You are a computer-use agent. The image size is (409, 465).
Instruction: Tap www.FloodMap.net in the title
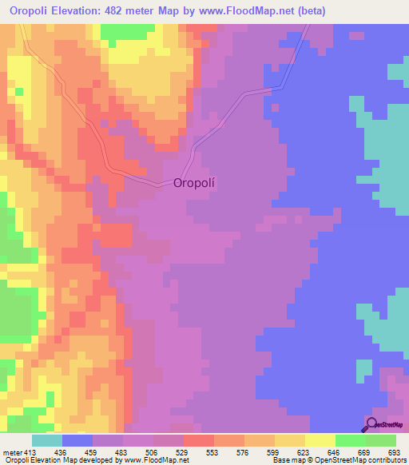(262, 11)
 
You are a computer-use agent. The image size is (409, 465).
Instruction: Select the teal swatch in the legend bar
(47, 440)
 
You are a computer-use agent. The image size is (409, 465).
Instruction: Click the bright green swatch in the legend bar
(351, 440)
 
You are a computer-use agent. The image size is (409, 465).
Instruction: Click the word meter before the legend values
(12, 454)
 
